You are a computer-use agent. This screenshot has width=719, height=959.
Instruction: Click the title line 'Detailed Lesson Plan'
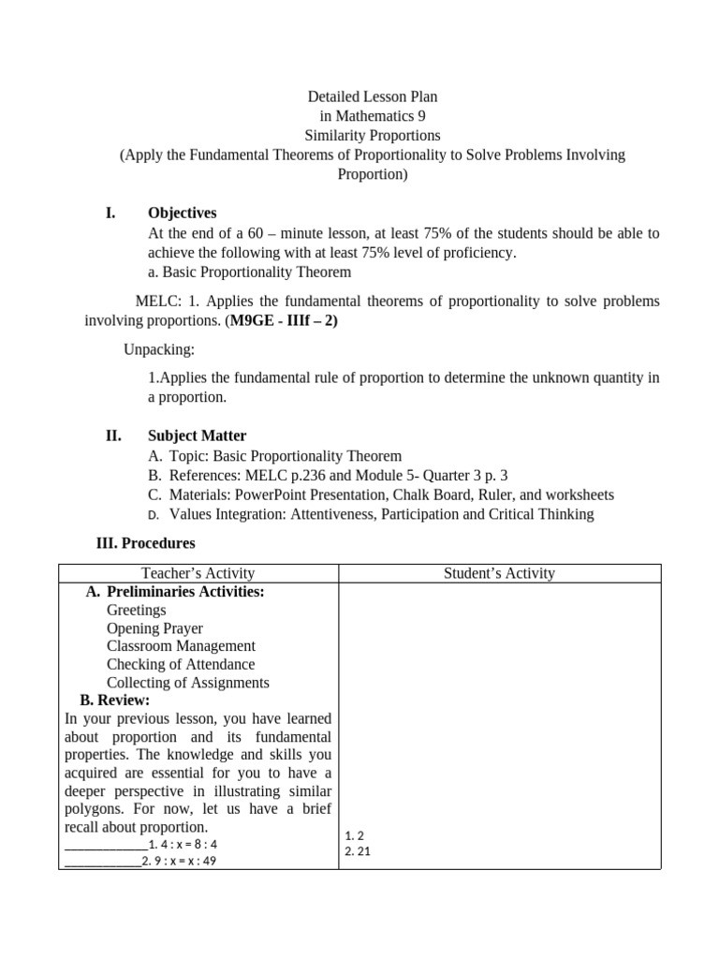coord(373,96)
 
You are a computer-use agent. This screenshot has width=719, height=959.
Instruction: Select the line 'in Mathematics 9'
coord(373,116)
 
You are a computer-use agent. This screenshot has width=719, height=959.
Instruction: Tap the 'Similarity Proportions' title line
coord(373,135)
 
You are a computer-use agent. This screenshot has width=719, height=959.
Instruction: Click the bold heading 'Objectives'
coord(182,214)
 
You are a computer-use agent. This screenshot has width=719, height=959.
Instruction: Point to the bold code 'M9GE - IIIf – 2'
coord(282,320)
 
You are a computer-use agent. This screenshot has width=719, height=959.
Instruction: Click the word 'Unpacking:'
coord(159,349)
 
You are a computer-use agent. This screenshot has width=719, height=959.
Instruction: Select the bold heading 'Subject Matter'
coord(197,435)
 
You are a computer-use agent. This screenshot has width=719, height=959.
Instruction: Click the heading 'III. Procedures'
coord(146,543)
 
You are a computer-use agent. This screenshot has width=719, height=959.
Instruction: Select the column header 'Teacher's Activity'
coord(198,573)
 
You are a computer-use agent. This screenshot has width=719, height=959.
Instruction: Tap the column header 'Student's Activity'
coord(499,573)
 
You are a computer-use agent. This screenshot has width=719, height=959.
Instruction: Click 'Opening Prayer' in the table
coord(154,628)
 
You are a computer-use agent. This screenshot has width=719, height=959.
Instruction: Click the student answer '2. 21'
coord(358,851)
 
